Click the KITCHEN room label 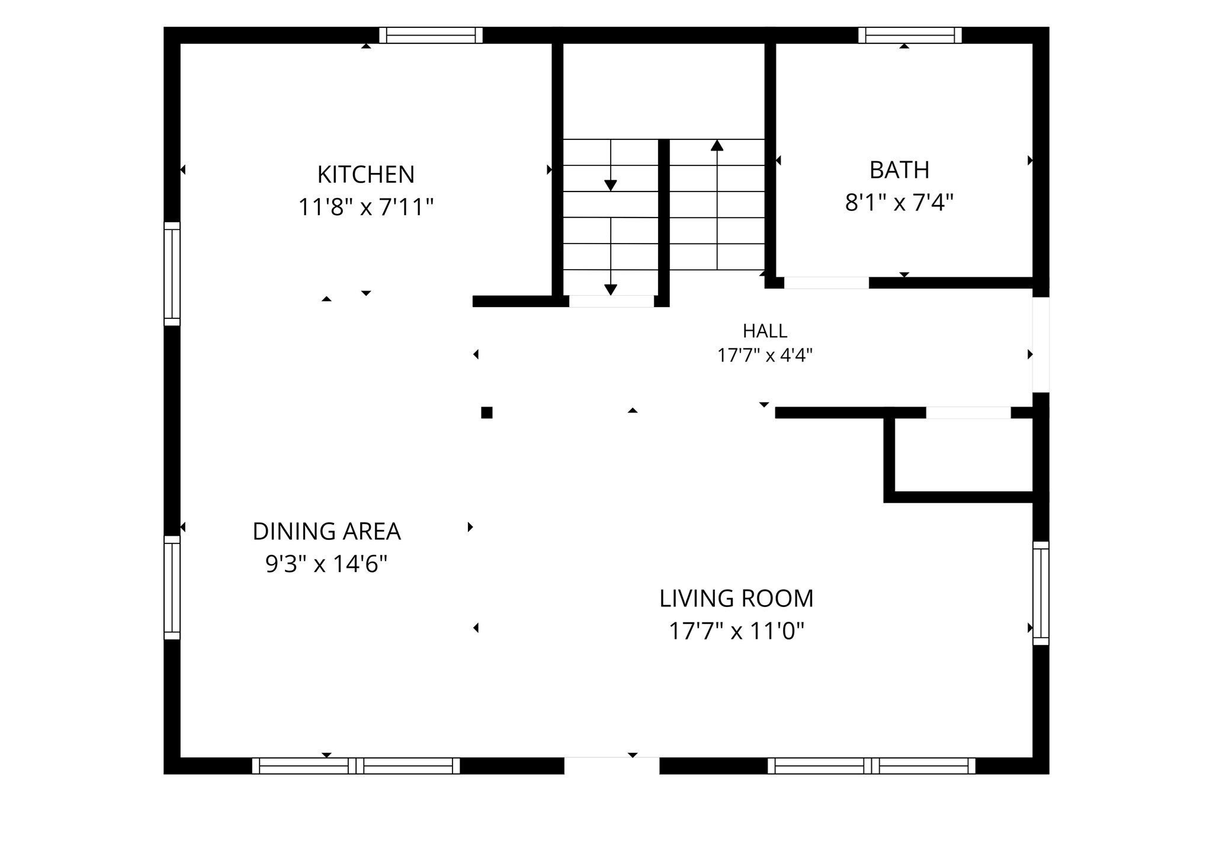point(365,175)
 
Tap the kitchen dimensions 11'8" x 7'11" point(365,207)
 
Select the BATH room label point(899,170)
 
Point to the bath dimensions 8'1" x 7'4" point(899,203)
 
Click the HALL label point(765,331)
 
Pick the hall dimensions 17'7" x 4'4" point(765,356)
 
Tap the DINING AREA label point(326,532)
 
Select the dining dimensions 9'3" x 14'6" point(326,564)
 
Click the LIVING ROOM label point(736,599)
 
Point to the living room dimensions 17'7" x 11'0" point(736,631)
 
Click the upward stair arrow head point(717,145)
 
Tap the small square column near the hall point(487,413)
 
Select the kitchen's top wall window point(431,35)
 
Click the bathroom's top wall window point(910,35)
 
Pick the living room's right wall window point(1041,593)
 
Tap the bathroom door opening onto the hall point(826,283)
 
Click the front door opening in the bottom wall point(611,765)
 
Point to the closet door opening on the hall point(968,413)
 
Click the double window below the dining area point(356,766)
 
